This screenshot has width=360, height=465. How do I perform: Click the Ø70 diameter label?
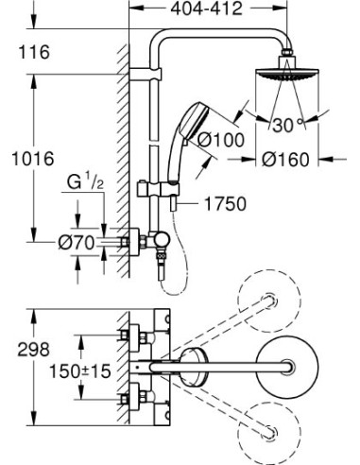(x=76, y=243)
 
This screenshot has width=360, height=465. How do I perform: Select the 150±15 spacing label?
(x=81, y=371)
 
